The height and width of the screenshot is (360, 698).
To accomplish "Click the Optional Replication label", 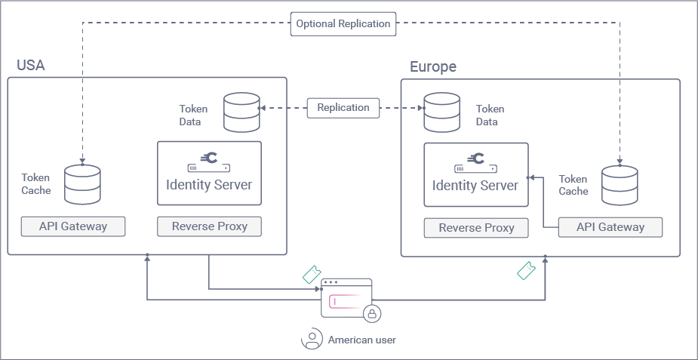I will pos(343,24).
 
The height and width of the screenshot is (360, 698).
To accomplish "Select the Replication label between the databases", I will pos(343,108).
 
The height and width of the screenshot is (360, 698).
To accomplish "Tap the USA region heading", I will pos(31,66).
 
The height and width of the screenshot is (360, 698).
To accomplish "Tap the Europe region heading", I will pos(433,67).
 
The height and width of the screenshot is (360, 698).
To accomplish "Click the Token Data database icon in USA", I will pos(241,112).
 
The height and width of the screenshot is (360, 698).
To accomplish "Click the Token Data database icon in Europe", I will pos(442,112).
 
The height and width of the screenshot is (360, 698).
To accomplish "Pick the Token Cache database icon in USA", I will pos(83,185).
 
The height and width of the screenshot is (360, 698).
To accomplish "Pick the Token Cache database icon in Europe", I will pos(620,185).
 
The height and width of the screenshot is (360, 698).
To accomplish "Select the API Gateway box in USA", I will pos(73,226).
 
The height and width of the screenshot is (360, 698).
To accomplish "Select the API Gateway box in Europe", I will pos(610,227).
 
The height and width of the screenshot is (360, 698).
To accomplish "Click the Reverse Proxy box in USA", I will pos(209,226).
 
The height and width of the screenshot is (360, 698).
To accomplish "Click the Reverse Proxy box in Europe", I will pos(476,228).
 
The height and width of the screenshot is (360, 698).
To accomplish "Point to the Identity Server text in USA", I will pos(209,184).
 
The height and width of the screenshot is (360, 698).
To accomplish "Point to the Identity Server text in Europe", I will pos(475,186).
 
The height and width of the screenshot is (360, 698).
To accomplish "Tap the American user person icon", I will pos(312,340).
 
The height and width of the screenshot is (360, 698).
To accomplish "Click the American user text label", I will pos(361,340).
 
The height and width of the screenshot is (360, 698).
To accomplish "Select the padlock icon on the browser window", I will pos(372,312).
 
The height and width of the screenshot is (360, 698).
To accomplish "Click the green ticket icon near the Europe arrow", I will pos(526,270).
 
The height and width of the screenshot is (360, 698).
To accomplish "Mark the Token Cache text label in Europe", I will pos(573,186).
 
